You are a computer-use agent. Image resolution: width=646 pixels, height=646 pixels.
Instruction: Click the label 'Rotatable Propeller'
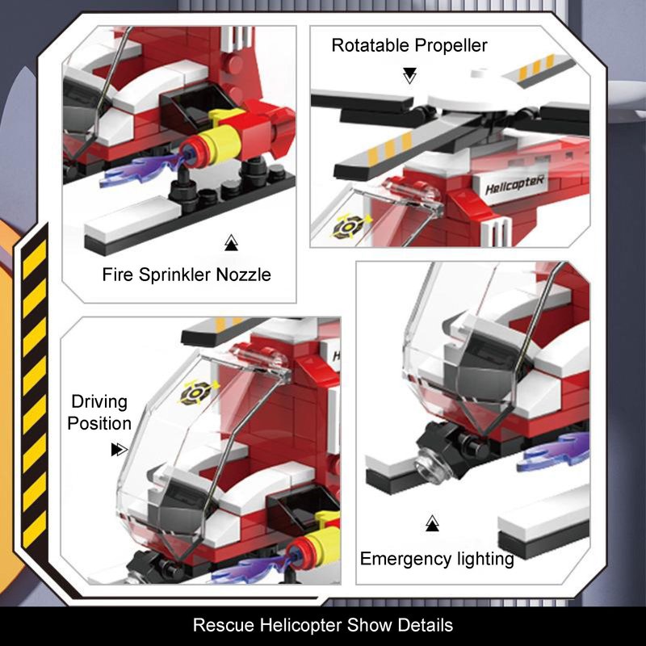[409, 45]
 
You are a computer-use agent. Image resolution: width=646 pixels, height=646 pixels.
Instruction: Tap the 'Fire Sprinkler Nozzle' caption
[187, 275]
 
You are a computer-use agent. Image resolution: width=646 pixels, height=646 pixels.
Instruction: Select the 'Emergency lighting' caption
[437, 559]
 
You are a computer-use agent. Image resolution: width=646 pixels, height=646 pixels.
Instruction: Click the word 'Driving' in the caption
[99, 402]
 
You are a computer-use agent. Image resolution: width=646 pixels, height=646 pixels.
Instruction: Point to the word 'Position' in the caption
[99, 423]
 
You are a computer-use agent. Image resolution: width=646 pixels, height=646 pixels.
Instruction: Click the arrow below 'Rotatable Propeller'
[409, 76]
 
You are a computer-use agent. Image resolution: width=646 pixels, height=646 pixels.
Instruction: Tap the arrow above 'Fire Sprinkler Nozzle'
[231, 243]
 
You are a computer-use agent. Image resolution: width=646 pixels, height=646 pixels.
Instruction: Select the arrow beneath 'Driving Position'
[119, 450]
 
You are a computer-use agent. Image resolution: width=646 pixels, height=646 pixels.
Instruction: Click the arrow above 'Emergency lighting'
[432, 522]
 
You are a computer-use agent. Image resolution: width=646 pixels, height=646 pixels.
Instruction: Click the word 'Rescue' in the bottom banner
[224, 625]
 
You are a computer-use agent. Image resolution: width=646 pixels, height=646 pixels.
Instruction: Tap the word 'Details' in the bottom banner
[426, 625]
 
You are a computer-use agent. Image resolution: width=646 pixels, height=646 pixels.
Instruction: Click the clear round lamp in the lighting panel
[430, 467]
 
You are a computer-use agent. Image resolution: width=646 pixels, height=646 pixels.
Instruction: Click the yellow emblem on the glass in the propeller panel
[351, 226]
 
